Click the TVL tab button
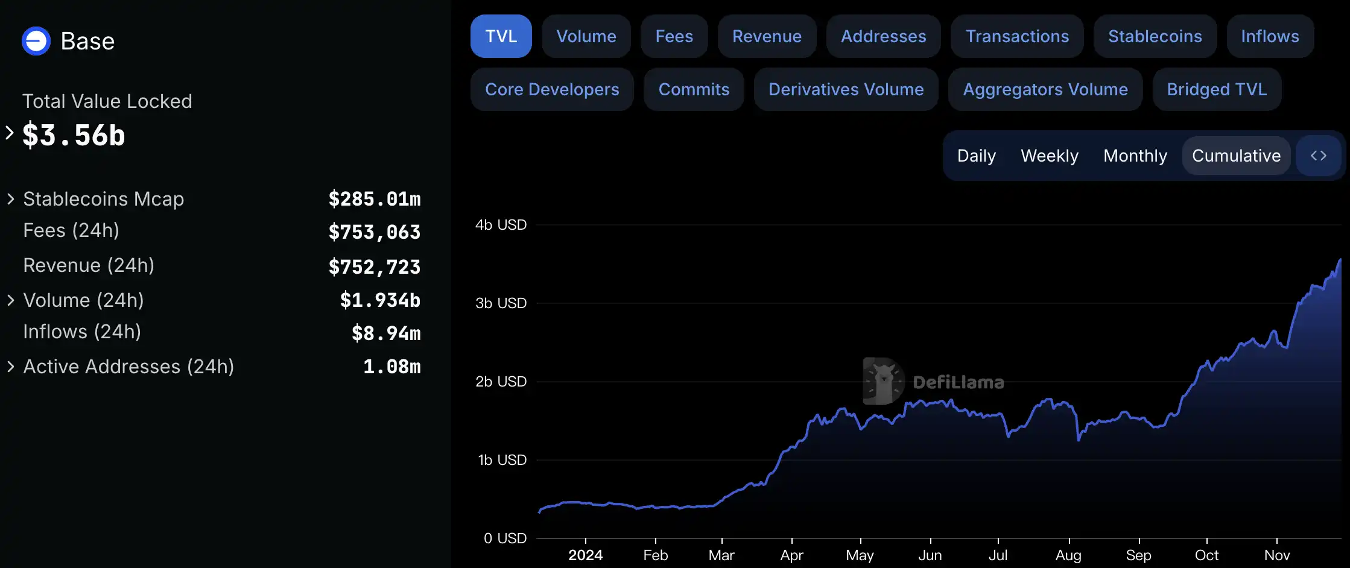click(x=501, y=36)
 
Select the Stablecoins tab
click(x=1155, y=36)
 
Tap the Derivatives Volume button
click(x=846, y=89)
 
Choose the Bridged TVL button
click(x=1216, y=89)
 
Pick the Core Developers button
click(x=552, y=89)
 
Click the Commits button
click(x=694, y=89)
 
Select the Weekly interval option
click(x=1049, y=156)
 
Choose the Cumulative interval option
click(x=1236, y=156)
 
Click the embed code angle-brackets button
click(x=1318, y=156)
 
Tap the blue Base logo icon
click(x=36, y=41)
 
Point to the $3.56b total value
click(x=74, y=135)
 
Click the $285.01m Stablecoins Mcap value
click(x=375, y=199)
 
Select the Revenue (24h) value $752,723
click(x=375, y=267)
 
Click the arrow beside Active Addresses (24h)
click(x=10, y=367)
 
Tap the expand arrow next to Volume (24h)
click(x=10, y=300)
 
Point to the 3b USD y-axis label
click(x=501, y=303)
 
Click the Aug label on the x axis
click(x=1068, y=555)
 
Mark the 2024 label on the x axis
click(x=585, y=555)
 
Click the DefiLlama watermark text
click(x=958, y=382)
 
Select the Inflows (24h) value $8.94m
click(x=386, y=333)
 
